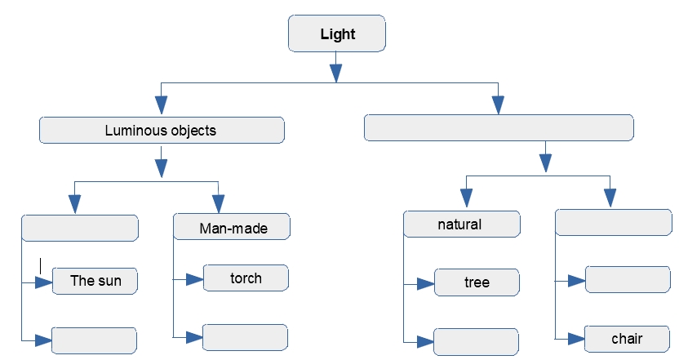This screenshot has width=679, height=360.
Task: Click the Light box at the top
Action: coord(336,35)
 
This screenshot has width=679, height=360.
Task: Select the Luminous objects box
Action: coord(162,130)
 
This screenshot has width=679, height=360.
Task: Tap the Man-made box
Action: coord(233,227)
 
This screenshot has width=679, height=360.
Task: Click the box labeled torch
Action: coord(245,278)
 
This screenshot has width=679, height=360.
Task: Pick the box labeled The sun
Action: coord(95,281)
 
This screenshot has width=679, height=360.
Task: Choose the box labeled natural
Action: coord(461,224)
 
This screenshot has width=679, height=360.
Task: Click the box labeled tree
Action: coord(477,282)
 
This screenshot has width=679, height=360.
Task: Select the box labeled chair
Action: coord(627,338)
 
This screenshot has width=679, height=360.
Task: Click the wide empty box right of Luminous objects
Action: coord(499,128)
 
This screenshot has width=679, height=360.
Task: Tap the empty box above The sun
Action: coord(79,228)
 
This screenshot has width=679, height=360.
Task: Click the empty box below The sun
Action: coord(93,339)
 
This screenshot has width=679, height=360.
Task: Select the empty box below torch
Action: coord(245,336)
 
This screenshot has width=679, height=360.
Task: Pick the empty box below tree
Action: coord(477,340)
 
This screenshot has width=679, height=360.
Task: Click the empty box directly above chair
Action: coord(627,279)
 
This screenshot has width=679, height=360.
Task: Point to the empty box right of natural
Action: coord(612,223)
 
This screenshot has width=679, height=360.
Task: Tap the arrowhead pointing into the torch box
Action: coord(194,279)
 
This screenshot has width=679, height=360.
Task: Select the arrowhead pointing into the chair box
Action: coord(575,338)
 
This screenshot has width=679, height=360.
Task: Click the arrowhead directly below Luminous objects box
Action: coord(162,167)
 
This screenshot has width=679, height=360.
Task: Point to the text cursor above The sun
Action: coord(40,265)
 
